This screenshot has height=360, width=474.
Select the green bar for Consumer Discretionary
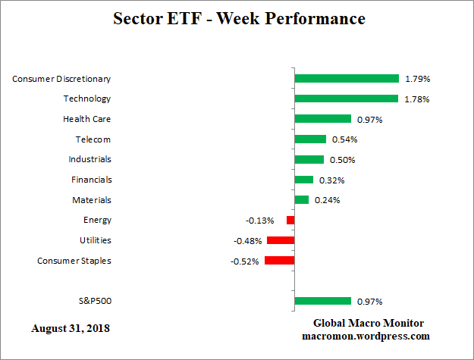[x=347, y=78]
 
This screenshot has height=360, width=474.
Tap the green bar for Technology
[x=347, y=99]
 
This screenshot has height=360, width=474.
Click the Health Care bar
[x=323, y=119]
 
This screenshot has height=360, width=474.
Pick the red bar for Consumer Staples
[x=279, y=261]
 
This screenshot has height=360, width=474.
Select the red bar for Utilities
[x=281, y=240]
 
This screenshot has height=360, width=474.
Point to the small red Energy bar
[x=290, y=220]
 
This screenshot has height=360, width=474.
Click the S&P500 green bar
[x=323, y=301]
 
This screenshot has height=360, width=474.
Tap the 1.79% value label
[x=416, y=79]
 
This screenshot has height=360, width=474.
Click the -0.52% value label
[x=244, y=261]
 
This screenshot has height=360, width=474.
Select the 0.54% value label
[x=344, y=139]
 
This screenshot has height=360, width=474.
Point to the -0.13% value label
[x=261, y=221]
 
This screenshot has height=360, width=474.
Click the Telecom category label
[x=93, y=139]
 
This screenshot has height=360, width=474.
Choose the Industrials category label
[x=89, y=159]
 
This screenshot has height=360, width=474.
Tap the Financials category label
[x=91, y=180]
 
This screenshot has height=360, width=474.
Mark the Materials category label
[x=92, y=200]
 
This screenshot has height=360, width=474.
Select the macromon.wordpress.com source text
[x=366, y=336]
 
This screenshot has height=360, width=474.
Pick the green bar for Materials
[x=302, y=200]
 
